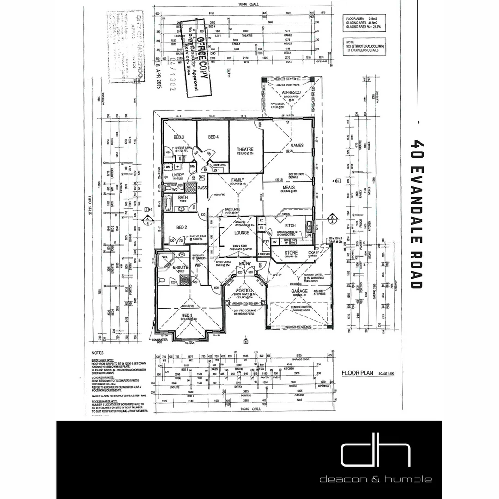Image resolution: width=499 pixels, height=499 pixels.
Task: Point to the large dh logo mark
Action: [375, 454]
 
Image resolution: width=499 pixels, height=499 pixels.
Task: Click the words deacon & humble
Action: [376, 479]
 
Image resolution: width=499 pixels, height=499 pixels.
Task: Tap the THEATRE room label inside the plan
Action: [245, 150]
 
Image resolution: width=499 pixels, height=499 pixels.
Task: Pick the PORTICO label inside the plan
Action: [242, 290]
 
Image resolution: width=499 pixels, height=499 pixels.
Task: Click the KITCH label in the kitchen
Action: [290, 225]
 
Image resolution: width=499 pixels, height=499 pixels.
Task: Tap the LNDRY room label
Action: [178, 175]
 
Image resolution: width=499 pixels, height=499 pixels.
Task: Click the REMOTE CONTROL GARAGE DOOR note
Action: [301, 309]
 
